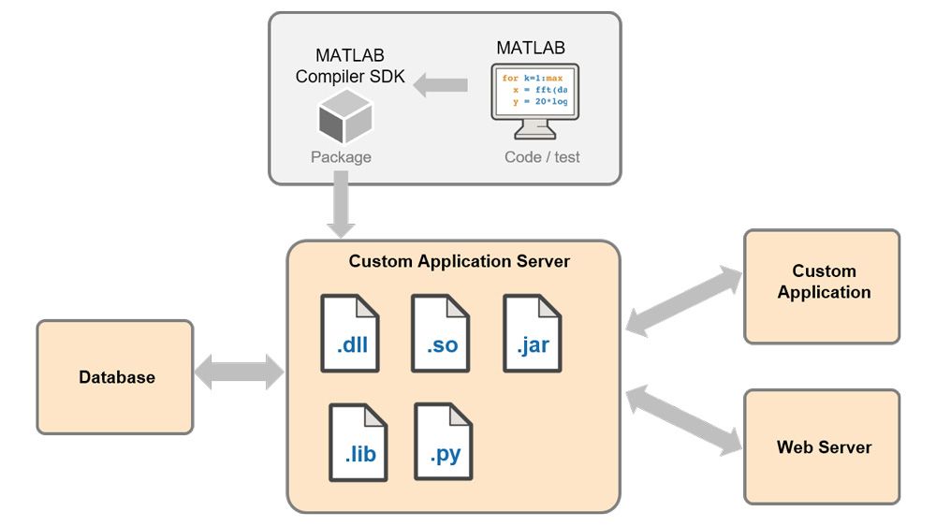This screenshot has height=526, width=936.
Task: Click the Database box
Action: pyautogui.click(x=115, y=377)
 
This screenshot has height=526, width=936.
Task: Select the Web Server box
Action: pyautogui.click(x=822, y=446)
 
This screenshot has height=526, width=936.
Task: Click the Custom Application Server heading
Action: pyautogui.click(x=459, y=261)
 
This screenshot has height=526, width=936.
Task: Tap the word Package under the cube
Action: pyautogui.click(x=341, y=157)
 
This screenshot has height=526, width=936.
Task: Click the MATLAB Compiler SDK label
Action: pyautogui.click(x=349, y=66)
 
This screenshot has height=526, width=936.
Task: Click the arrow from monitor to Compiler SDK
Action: pyautogui.click(x=441, y=86)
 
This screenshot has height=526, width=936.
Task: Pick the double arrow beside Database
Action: pyautogui.click(x=239, y=373)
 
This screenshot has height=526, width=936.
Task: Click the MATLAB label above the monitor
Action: pyautogui.click(x=531, y=48)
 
